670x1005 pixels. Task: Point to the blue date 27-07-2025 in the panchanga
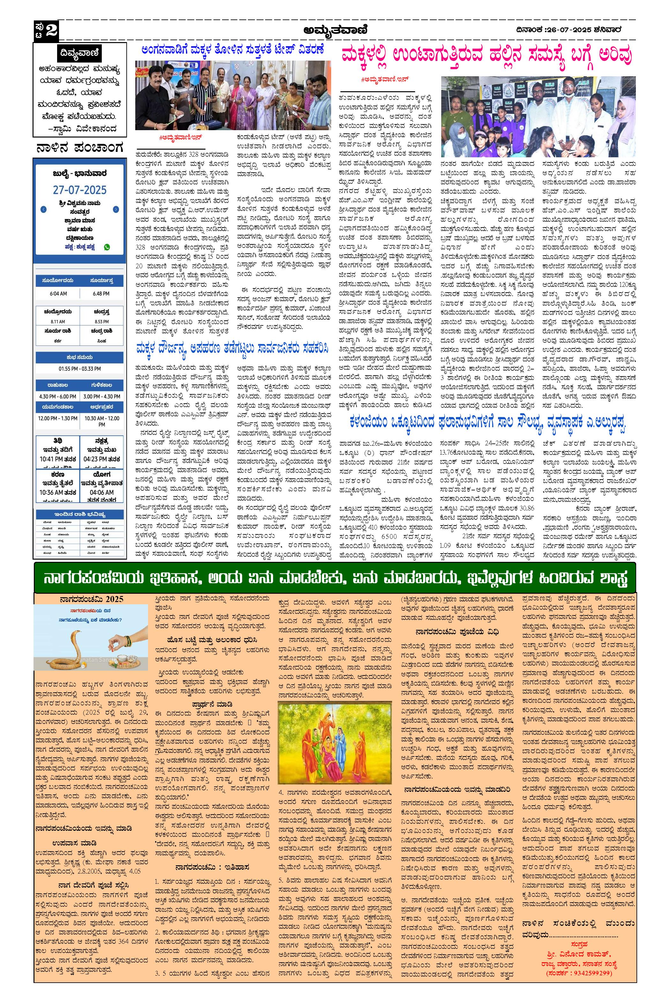(x=80, y=190)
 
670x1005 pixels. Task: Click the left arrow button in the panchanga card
(x=43, y=209)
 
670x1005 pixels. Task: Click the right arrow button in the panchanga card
(x=116, y=209)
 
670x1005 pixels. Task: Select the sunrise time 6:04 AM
(x=58, y=294)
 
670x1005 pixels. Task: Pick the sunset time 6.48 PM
(x=101, y=294)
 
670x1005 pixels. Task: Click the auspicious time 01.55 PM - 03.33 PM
(x=80, y=368)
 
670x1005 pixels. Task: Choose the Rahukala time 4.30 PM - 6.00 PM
(x=58, y=397)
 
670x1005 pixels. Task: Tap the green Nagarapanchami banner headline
(x=335, y=578)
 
